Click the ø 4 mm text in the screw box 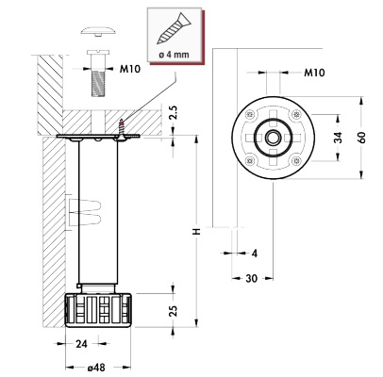point(175,55)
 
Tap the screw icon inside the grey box point(175,28)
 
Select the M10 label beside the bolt point(130,69)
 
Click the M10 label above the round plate point(314,73)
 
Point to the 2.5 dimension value point(174,112)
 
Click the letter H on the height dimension point(197,231)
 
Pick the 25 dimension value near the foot point(174,310)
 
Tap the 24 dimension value point(81,344)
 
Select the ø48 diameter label point(96,368)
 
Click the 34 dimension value point(338,138)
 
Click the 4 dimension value point(255,254)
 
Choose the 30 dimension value point(251,278)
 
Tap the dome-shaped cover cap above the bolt point(98,31)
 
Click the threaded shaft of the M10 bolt point(98,83)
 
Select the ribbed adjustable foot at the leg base point(98,310)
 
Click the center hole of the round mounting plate point(273,138)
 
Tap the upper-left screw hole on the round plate point(250,114)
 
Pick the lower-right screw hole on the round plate point(295,160)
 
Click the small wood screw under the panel point(121,129)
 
